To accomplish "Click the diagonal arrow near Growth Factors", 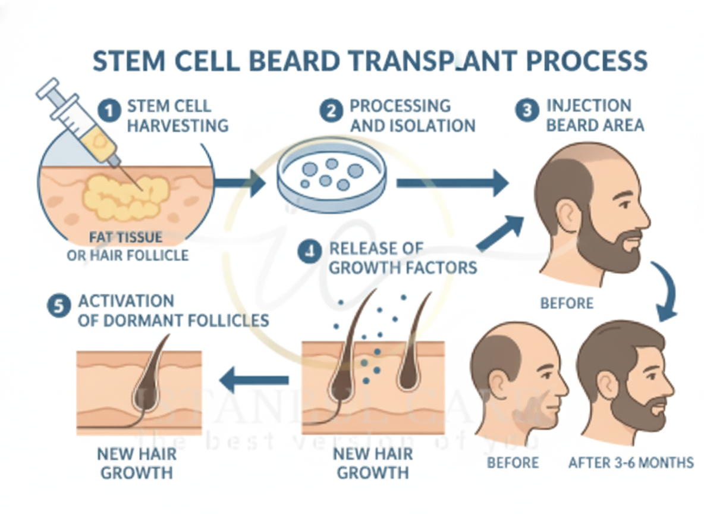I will point(500,234).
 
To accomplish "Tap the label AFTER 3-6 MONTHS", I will point(631,462).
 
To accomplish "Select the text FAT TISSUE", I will point(125,237).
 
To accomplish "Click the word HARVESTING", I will point(178,126).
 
